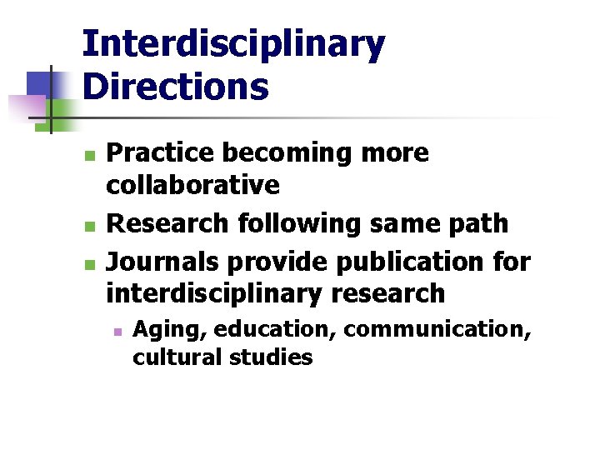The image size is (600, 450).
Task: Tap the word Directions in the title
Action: point(176,86)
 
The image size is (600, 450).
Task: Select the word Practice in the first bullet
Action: point(156,153)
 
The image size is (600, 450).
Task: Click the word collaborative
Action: point(192,185)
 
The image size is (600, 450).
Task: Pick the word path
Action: point(478,223)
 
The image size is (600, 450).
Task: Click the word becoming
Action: point(271,153)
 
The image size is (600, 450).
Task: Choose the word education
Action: point(273,330)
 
